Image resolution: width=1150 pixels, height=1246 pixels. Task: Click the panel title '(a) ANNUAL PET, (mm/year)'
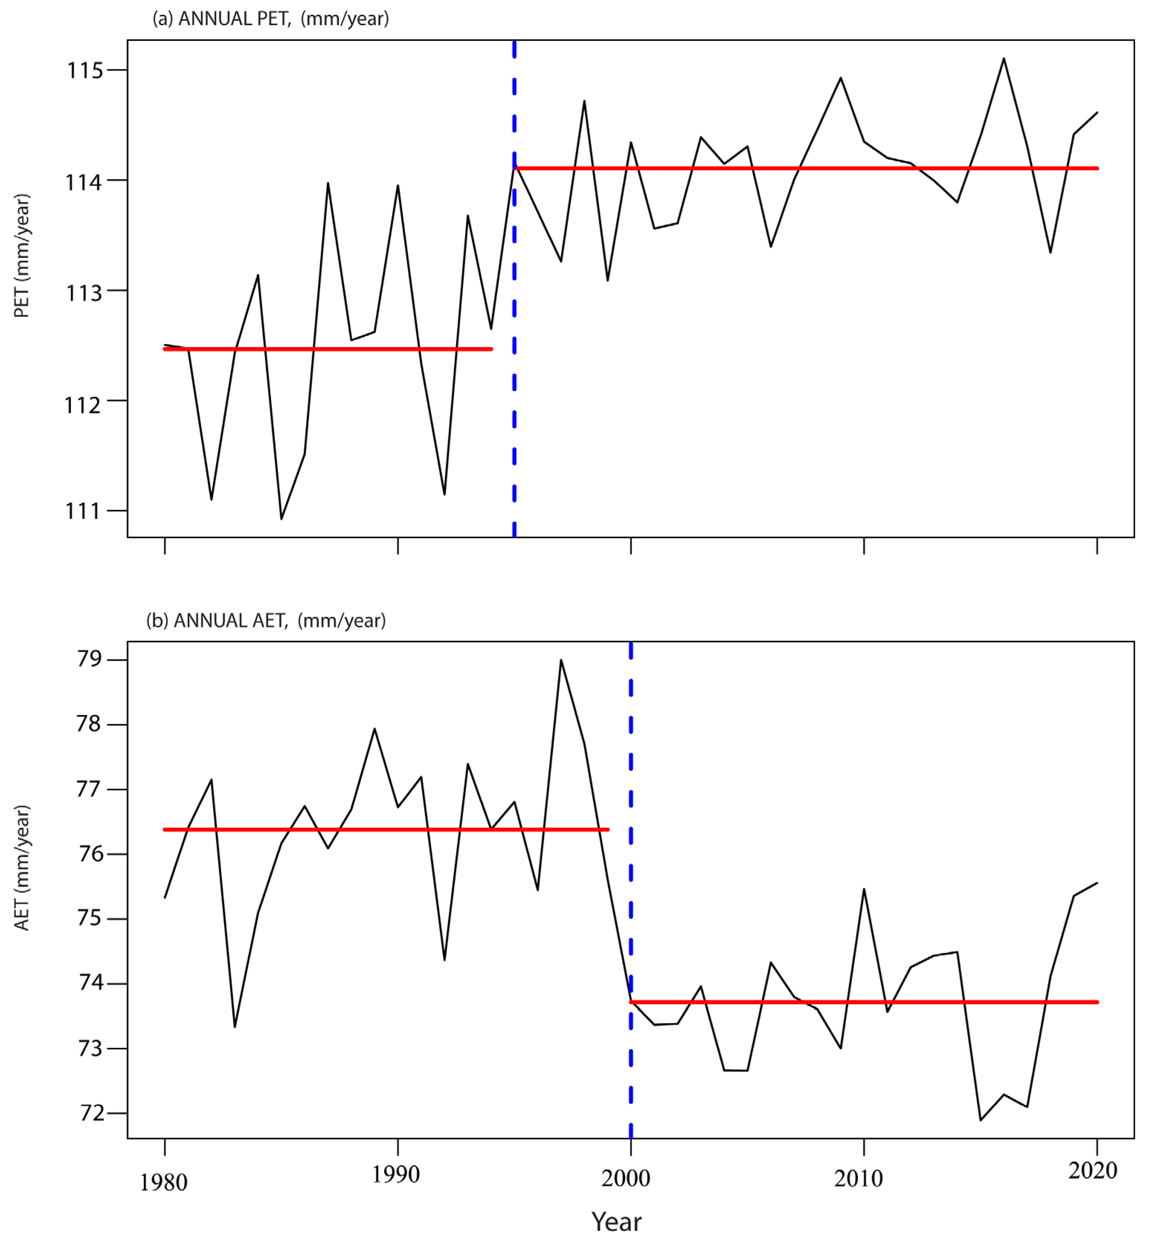(271, 19)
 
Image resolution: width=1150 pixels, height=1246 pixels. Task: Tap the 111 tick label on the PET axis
(83, 511)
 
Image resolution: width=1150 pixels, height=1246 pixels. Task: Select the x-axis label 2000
(625, 1178)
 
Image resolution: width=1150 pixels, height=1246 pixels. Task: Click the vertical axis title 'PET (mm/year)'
(22, 255)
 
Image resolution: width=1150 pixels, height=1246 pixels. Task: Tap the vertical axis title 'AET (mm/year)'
(22, 868)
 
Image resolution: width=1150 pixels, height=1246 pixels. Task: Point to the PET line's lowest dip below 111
(281, 518)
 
